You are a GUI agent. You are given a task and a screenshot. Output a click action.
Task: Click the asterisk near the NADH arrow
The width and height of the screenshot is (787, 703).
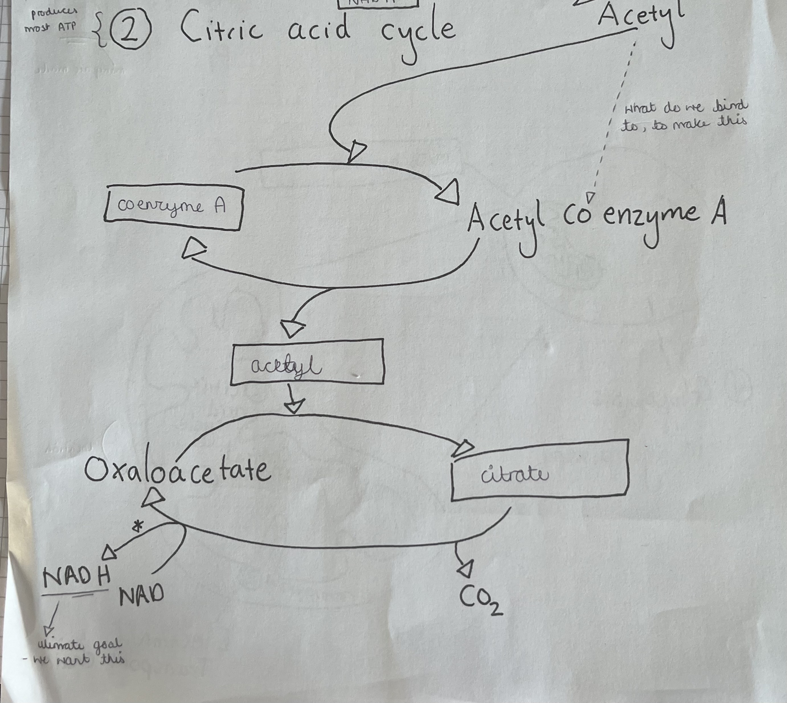coord(138,526)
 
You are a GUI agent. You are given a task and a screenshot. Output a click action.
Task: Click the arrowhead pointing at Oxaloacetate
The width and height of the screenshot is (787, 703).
coord(153,497)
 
